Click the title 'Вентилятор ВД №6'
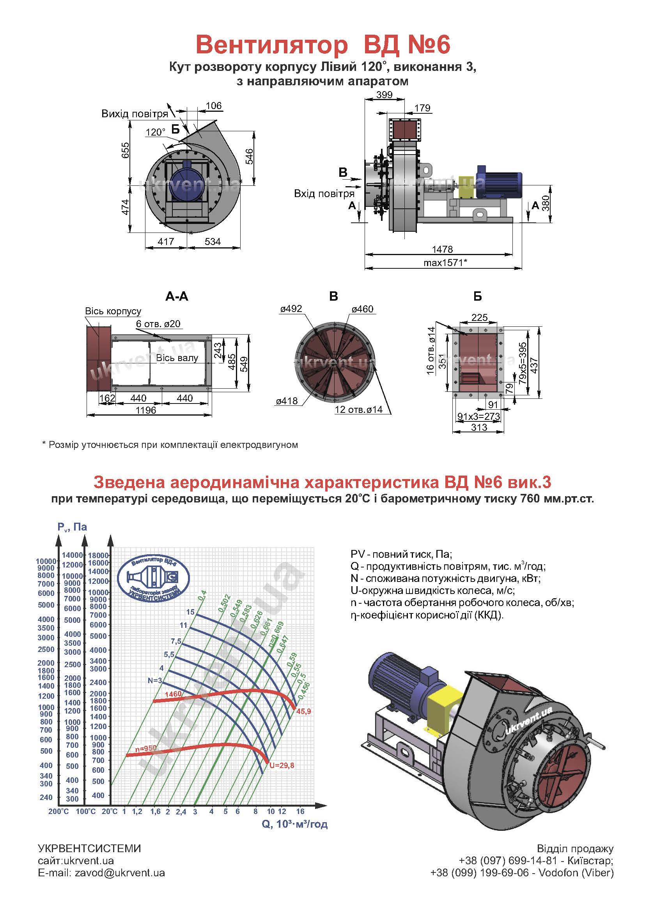(x=323, y=45)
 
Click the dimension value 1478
(x=443, y=249)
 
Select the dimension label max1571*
(x=445, y=262)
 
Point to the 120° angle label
(x=155, y=132)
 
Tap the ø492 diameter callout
(x=291, y=309)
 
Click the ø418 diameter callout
(x=287, y=401)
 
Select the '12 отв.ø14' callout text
(x=359, y=409)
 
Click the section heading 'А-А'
(x=177, y=296)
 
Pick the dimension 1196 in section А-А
(x=146, y=410)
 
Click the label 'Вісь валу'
(x=177, y=358)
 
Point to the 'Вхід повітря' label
(x=324, y=194)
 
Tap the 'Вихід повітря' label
(x=135, y=114)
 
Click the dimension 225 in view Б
(x=479, y=317)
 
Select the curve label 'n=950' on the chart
(x=146, y=748)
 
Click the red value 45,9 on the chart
(x=303, y=712)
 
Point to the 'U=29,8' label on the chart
(x=282, y=765)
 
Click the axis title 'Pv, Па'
(x=72, y=527)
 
